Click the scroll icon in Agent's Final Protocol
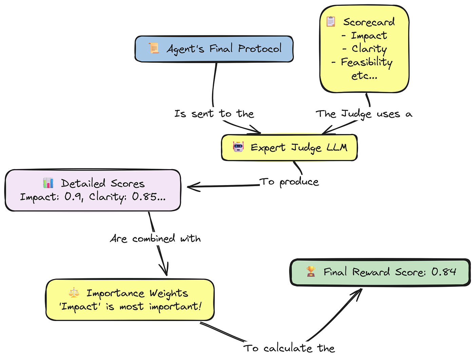pos(154,48)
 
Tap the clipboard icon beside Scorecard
pos(331,21)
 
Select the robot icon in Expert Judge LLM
pos(238,147)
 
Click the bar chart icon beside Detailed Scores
pos(48,183)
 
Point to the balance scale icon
pos(74,293)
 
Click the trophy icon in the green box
pos(311,271)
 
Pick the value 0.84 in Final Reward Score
pos(444,272)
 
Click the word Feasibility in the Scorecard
pos(366,62)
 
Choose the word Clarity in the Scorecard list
pos(369,49)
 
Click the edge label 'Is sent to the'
pos(214,114)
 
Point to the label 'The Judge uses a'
pos(364,114)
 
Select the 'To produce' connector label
pos(289,182)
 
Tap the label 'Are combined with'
pos(155,239)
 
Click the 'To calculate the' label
pos(289,348)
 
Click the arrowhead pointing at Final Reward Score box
pos(358,292)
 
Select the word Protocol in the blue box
pos(260,49)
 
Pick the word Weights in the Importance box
pos(169,293)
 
